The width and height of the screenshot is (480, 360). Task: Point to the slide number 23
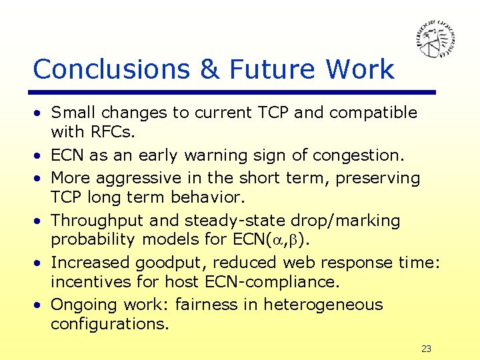click(426, 349)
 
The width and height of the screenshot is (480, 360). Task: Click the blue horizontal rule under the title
click(234, 92)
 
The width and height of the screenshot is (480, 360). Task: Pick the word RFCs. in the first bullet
click(109, 133)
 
